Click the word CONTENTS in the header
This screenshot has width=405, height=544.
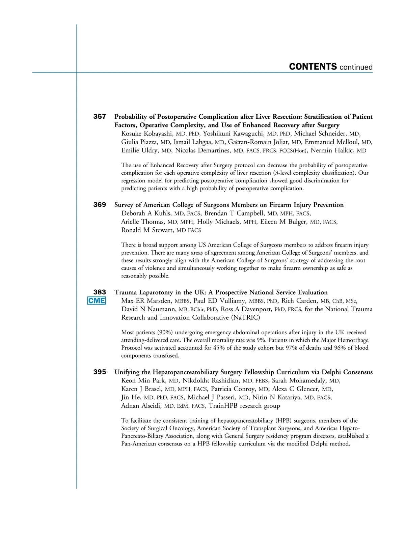coord(313,67)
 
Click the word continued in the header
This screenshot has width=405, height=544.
coord(356,67)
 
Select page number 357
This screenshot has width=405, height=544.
coord(100,117)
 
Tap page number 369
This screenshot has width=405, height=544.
coord(100,205)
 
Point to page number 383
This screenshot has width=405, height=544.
coord(100,292)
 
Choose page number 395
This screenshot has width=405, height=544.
coord(100,372)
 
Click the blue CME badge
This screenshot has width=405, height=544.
coord(97,300)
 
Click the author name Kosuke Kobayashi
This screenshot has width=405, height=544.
coord(147,134)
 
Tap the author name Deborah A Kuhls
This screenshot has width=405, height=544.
coord(146,213)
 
